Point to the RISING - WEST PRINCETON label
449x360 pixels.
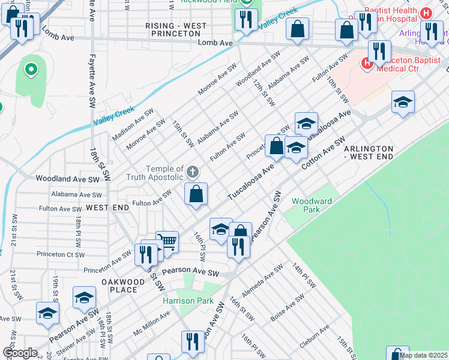point(176,30)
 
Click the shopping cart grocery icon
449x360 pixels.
point(167,242)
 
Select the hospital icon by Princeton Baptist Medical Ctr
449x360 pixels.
point(366,62)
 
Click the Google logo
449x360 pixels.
point(20,352)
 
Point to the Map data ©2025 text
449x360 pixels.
point(423,355)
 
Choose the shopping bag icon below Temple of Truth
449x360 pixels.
point(196,194)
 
